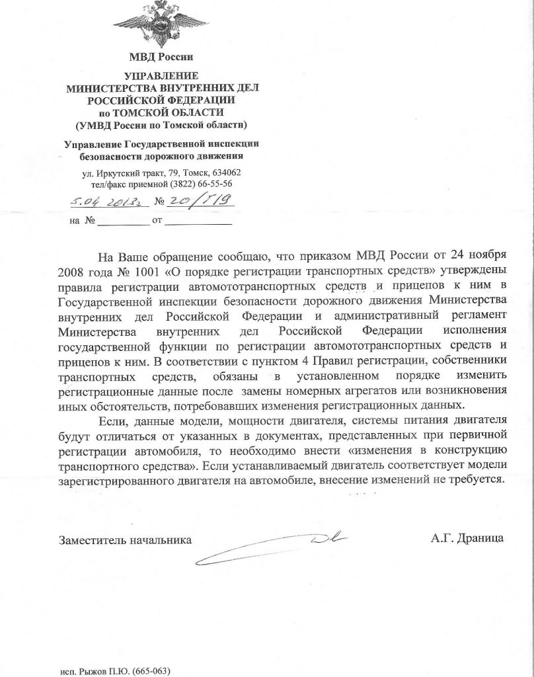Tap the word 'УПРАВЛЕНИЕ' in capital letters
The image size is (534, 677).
coord(161,76)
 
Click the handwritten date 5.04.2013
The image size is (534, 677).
coord(100,201)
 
